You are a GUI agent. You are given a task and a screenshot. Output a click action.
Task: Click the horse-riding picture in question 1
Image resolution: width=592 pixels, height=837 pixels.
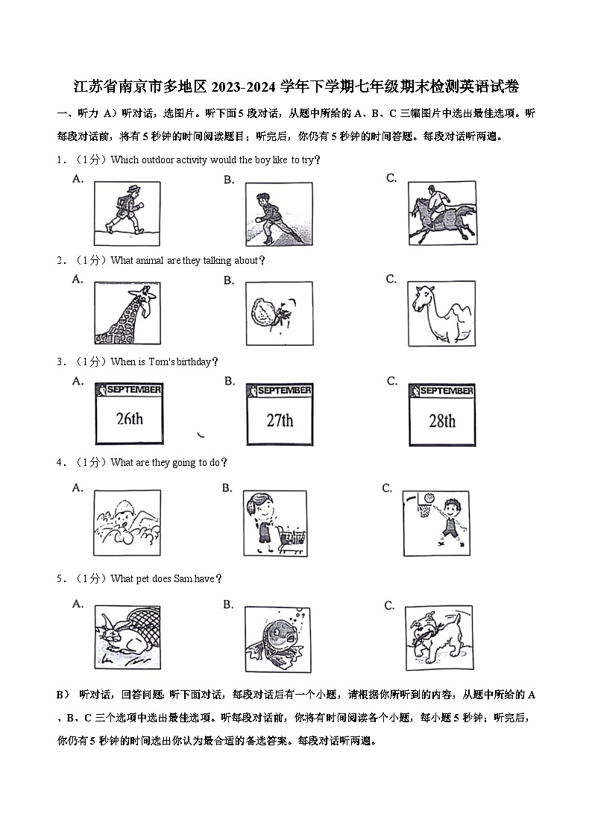(x=441, y=213)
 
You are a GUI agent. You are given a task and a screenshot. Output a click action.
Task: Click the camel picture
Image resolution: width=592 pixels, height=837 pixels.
(x=441, y=313)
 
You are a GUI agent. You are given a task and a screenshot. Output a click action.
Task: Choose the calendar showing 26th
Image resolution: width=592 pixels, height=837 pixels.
(x=129, y=414)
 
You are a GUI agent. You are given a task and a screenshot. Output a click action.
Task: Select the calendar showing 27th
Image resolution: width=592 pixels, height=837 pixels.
(x=280, y=414)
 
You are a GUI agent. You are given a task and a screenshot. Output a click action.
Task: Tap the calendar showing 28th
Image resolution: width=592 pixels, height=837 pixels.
(x=442, y=414)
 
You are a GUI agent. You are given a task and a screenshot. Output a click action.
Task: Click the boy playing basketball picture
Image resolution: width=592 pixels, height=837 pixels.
(x=435, y=522)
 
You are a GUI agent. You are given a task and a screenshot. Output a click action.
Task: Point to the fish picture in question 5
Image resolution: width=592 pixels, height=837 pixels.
(x=277, y=639)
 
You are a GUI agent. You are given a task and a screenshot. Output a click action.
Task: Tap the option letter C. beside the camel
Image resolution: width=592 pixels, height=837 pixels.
(x=391, y=279)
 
